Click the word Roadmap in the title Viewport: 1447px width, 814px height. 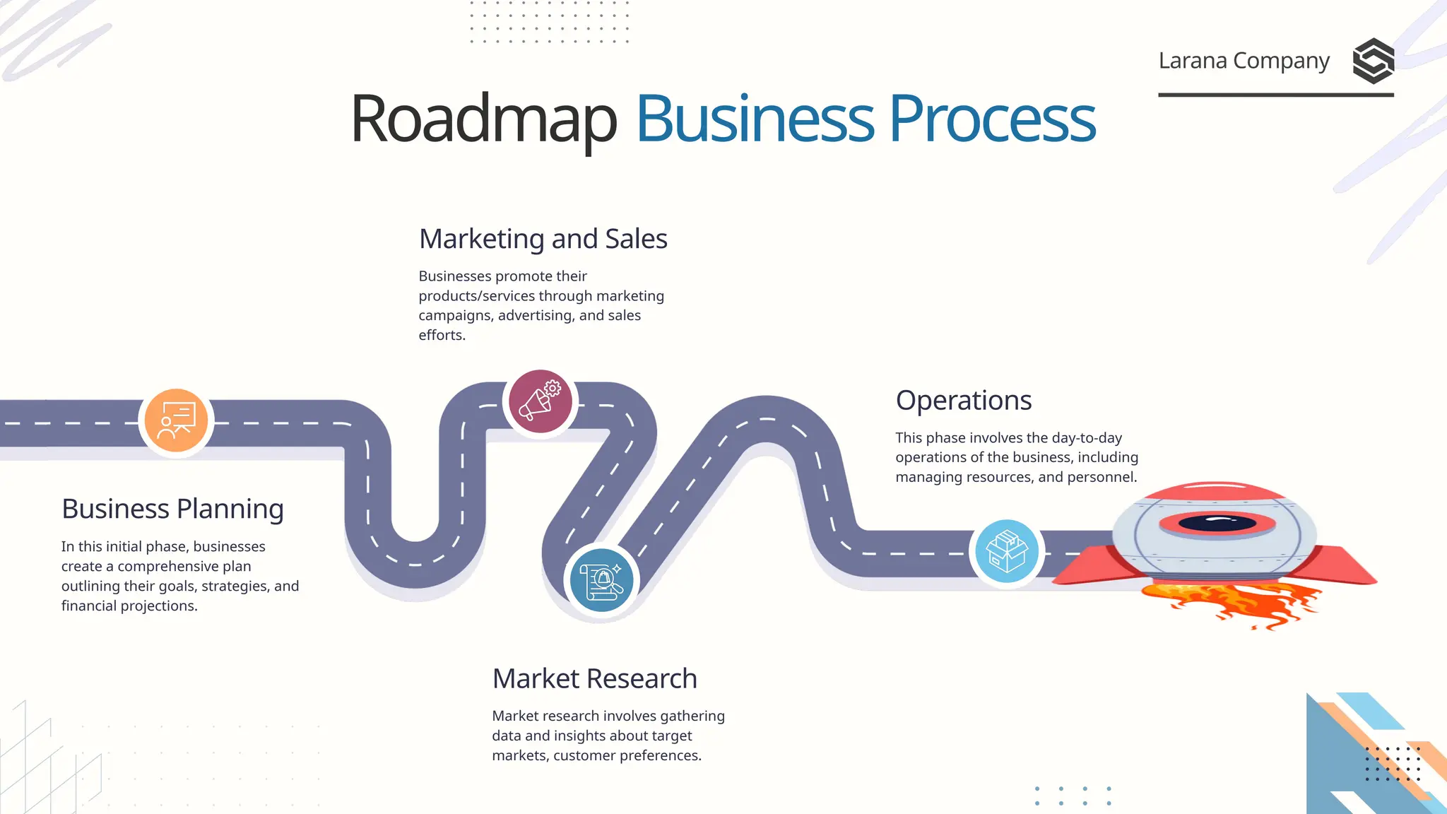pos(483,119)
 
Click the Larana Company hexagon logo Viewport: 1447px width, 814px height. pos(1373,61)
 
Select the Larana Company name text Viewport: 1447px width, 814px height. pos(1244,61)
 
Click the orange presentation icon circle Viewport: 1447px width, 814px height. pos(176,420)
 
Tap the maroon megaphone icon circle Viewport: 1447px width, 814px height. pos(541,401)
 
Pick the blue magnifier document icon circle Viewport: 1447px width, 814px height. pos(601,580)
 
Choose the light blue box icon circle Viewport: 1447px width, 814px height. pos(1007,551)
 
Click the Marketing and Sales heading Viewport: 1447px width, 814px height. pos(543,239)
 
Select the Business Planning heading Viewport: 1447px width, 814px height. pos(172,509)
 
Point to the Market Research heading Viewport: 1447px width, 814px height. pos(594,678)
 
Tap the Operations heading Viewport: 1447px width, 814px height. pos(964,401)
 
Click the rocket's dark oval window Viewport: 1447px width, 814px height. pos(1217,524)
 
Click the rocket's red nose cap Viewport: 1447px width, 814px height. pos(1215,491)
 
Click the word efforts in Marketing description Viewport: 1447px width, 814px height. pos(441,336)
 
